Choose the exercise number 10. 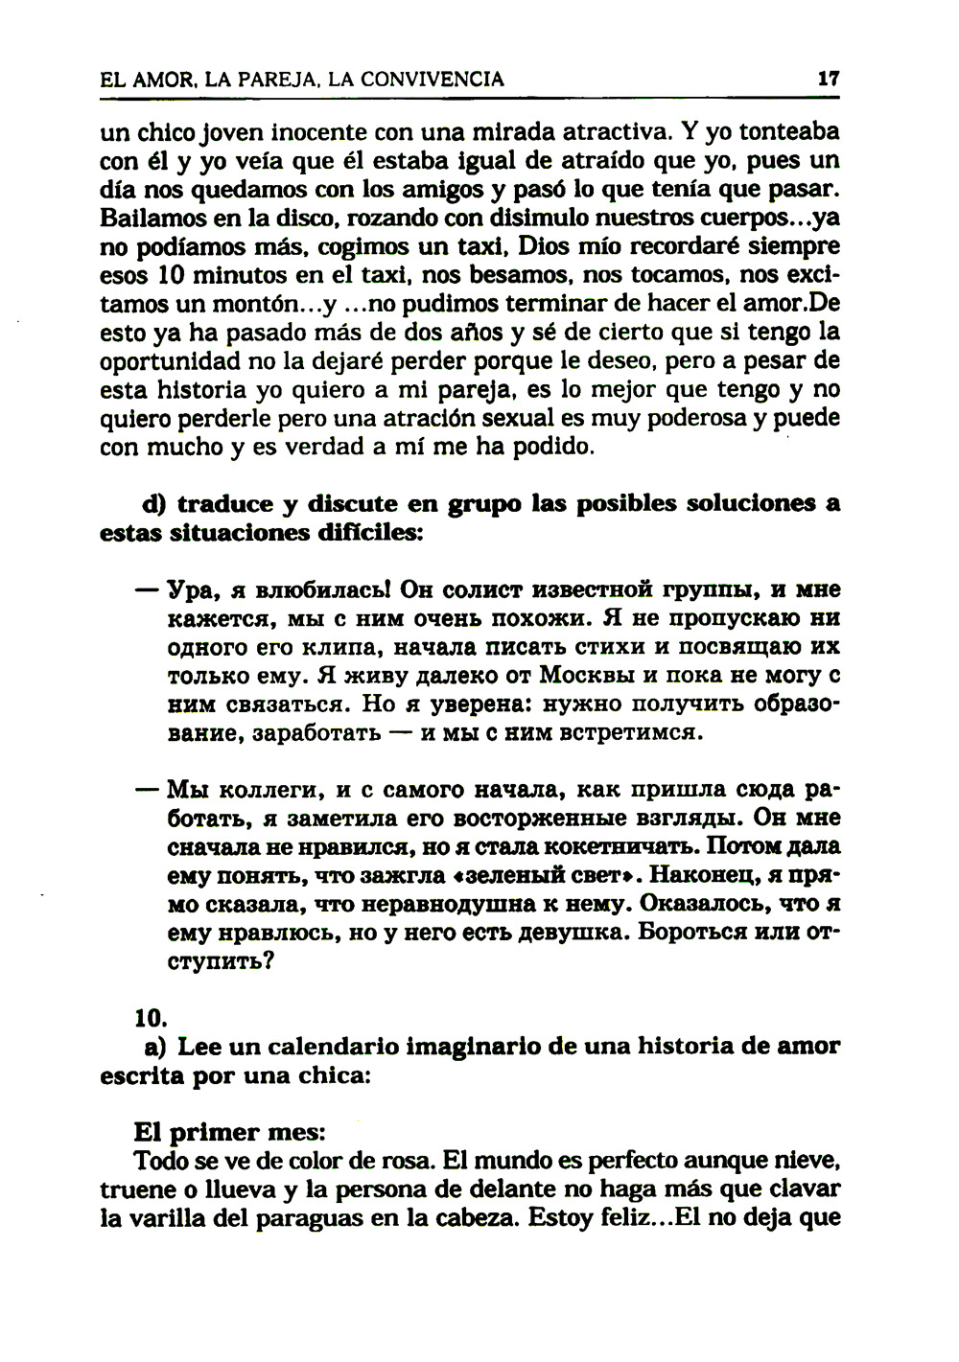pyautogui.click(x=152, y=1015)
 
